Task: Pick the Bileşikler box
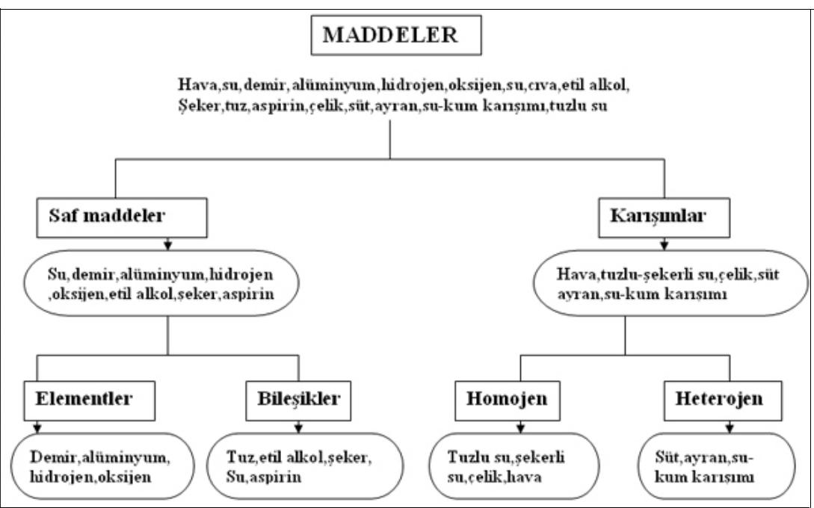(298, 398)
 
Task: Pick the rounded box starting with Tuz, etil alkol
(298, 465)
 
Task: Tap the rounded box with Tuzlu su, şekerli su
(512, 465)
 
